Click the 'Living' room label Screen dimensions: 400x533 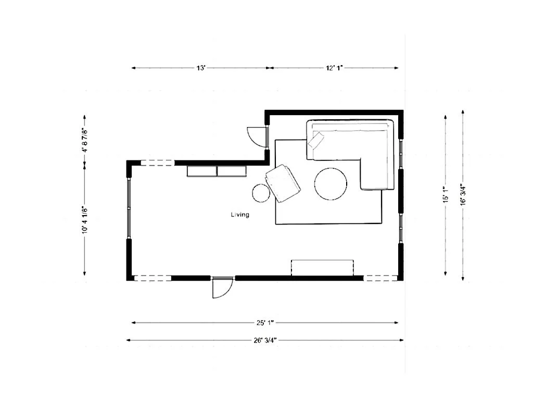pos(240,215)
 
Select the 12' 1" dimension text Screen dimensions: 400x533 pos(335,68)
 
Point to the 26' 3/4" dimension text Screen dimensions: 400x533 pos(265,340)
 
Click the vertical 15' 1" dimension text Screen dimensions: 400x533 pos(445,195)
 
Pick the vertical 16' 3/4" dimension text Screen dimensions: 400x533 pos(463,195)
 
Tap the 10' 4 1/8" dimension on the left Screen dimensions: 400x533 pos(84,220)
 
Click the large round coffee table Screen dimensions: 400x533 pos(331,184)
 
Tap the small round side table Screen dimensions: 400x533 pos(261,193)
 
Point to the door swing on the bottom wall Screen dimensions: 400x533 pos(221,288)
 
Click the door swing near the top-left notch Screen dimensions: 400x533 pos(256,136)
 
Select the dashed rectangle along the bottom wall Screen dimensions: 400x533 pos(323,267)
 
